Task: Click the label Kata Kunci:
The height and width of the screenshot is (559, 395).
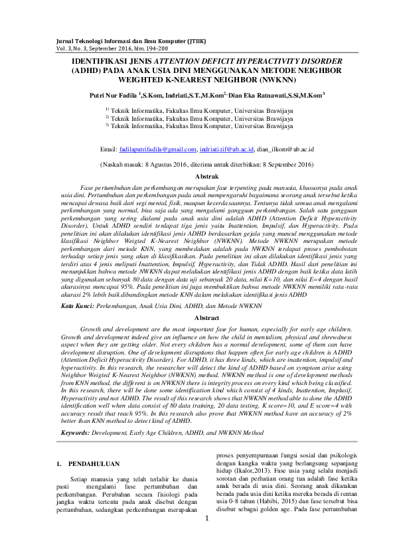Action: [75, 307]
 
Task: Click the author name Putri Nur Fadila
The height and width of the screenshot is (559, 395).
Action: [112, 96]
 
